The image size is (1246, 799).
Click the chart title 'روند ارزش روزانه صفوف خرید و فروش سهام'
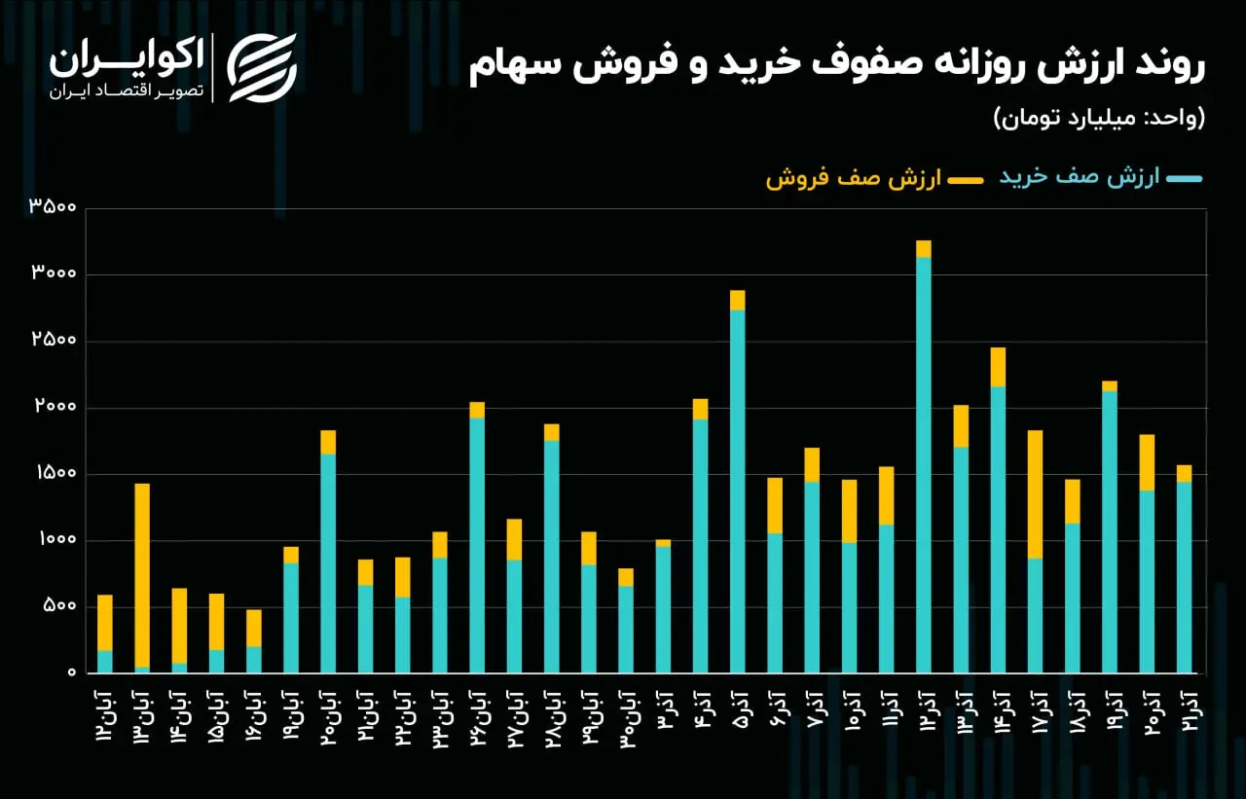[836, 65]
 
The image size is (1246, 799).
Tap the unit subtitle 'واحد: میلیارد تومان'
[1099, 118]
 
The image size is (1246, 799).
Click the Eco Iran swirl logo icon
[263, 68]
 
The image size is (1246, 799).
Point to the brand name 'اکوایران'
[127, 58]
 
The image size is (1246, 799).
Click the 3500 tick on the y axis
[53, 206]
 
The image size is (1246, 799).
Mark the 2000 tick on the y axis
[55, 406]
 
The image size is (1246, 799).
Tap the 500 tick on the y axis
[59, 605]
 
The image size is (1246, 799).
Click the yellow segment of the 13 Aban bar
[142, 575]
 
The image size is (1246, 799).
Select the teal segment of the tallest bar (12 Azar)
[924, 465]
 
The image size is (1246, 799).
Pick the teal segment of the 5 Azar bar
[738, 491]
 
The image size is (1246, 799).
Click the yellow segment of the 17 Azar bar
[1035, 494]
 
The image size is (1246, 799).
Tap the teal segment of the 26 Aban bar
[477, 545]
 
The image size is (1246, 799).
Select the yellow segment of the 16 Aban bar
[254, 629]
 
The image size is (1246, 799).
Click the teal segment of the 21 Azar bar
[1185, 577]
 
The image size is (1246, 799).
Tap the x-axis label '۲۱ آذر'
[1186, 710]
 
